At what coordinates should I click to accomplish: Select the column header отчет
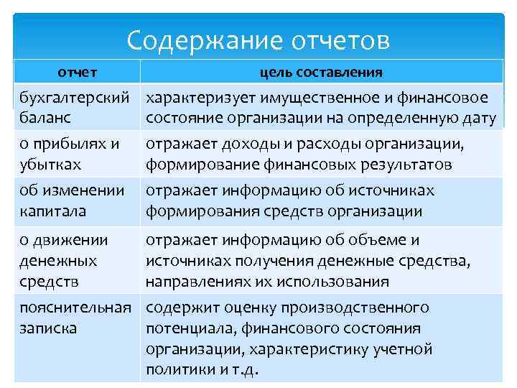tap(78, 73)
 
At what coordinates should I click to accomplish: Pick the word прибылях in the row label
tap(71, 144)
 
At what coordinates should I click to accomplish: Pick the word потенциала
tap(180, 328)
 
